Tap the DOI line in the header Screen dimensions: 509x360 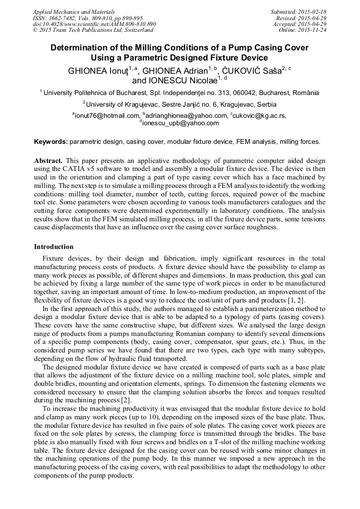(x=94, y=24)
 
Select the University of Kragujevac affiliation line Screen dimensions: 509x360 (x=181, y=105)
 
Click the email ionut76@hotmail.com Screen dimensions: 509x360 (x=106, y=116)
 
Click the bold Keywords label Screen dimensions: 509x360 (x=50, y=142)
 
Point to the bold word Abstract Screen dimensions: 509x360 (x=48, y=160)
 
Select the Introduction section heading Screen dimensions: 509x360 (x=54, y=247)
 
